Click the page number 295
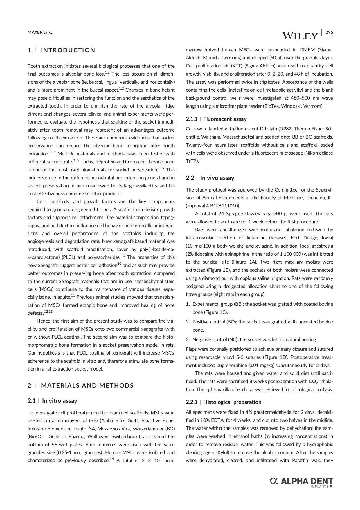[329, 32]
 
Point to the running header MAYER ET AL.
[40, 32]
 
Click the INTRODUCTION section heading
[68, 50]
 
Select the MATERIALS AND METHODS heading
[87, 386]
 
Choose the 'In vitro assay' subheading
[60, 401]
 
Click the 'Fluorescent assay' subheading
[225, 119]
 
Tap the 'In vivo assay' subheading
[217, 178]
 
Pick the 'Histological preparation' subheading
[232, 402]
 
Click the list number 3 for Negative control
[188, 339]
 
